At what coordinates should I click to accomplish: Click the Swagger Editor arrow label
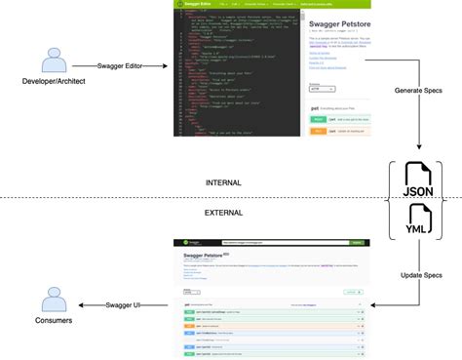point(121,66)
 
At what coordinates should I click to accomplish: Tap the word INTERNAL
point(223,182)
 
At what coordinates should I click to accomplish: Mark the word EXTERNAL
point(223,212)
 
